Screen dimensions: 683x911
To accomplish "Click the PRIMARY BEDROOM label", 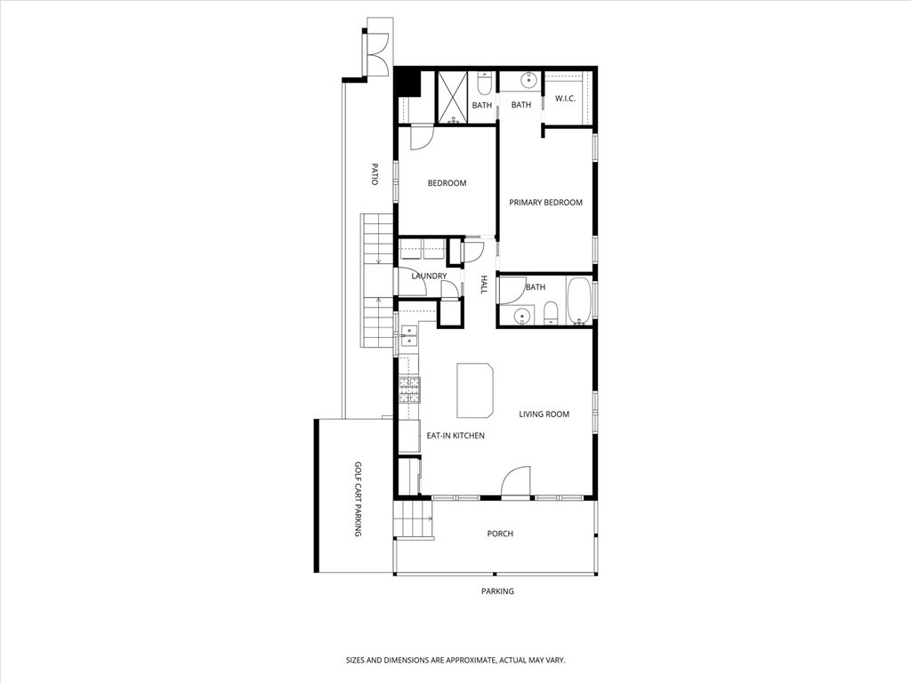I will coord(545,203).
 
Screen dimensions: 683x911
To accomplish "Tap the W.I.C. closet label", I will coord(566,98).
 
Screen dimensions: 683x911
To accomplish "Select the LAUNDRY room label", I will coord(429,277).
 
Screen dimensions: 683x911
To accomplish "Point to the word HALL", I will coord(484,285).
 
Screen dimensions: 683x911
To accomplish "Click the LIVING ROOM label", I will coord(544,414).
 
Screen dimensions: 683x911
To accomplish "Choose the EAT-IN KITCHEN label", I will coord(455,436).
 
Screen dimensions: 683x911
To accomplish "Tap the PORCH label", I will coord(500,534).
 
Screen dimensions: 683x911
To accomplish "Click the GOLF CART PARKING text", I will coord(358,498).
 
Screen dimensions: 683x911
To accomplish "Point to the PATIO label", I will coord(375,173).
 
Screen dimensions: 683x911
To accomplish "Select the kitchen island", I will coord(476,390).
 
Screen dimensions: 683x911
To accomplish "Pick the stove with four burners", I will coord(409,390).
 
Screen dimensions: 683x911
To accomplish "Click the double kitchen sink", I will coord(409,335).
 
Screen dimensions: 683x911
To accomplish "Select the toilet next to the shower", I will coord(483,84).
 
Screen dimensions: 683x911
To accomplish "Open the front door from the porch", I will coord(516,485).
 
